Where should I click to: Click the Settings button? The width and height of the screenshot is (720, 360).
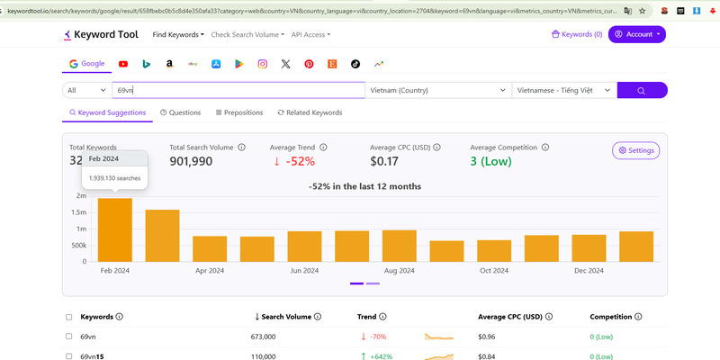click(x=635, y=150)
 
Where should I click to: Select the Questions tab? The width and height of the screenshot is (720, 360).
click(x=180, y=112)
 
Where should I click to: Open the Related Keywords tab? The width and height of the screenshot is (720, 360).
click(x=310, y=112)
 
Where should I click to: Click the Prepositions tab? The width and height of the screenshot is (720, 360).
click(x=239, y=112)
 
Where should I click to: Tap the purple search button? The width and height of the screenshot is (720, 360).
click(x=642, y=90)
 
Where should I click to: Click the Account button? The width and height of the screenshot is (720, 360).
click(x=637, y=34)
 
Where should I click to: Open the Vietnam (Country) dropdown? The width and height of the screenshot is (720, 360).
click(x=437, y=90)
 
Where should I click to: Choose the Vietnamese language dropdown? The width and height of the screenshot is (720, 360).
click(x=564, y=90)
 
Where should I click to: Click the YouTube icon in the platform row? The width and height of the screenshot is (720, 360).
click(x=122, y=64)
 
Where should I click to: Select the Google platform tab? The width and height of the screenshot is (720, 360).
click(x=86, y=64)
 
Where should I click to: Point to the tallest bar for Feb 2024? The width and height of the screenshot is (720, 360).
click(x=115, y=229)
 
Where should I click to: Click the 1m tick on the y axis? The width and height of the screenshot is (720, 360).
click(x=81, y=229)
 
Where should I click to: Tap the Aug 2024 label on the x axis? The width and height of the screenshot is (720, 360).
click(x=400, y=270)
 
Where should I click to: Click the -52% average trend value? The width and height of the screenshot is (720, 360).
click(x=293, y=161)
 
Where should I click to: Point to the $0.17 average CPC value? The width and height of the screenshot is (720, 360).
click(x=388, y=161)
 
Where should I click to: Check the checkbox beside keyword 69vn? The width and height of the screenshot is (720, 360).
click(x=69, y=336)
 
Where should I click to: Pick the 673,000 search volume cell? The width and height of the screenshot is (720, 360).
click(x=275, y=336)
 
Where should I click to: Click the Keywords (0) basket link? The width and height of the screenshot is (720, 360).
click(x=577, y=34)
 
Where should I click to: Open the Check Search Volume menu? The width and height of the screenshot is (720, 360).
click(x=247, y=34)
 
